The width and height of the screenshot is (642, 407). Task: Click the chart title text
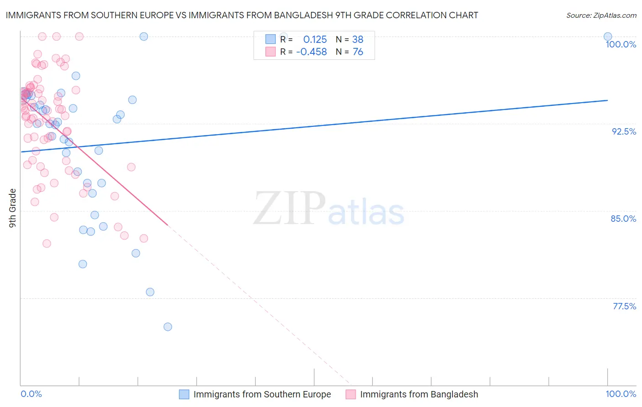[242, 15]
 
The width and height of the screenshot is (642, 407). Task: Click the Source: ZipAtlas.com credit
[601, 15]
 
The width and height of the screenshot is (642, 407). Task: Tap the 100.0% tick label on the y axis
[621, 44]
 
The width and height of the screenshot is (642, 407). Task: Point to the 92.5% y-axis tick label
[624, 131]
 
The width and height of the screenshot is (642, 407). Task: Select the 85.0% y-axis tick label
[623, 219]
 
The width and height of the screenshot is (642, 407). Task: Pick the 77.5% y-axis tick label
[624, 306]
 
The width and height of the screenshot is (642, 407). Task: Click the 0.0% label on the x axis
[32, 394]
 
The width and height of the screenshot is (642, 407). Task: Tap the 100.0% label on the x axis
[621, 394]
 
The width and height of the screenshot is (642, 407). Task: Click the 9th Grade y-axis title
[12, 208]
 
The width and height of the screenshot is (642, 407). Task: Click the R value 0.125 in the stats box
[315, 39]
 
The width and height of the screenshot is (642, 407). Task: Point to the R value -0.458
[311, 52]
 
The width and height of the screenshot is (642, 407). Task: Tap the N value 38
[358, 39]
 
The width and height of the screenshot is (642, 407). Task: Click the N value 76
[358, 52]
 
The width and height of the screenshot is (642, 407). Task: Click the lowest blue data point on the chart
[168, 327]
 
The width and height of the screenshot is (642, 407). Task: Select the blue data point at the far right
[608, 37]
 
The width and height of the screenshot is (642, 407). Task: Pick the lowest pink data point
[47, 244]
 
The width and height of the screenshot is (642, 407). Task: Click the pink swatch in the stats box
[271, 52]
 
